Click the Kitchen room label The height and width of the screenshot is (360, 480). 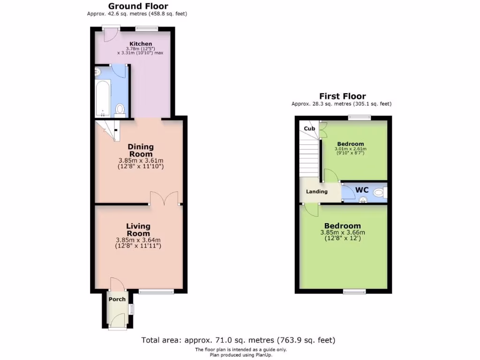pos(141,44)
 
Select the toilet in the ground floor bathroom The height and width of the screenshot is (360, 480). pos(120,110)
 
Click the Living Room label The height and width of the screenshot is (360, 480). pos(138,230)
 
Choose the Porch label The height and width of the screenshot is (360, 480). pos(117,299)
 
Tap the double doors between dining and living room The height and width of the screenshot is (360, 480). pos(164,198)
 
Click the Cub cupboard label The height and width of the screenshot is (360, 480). pos(309,128)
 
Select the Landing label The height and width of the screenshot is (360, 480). pos(317,191)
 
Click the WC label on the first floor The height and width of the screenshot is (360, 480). pos(361,190)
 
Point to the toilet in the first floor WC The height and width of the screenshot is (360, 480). pos(380,192)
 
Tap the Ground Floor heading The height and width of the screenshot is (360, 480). pos(138,6)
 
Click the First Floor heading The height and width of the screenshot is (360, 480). pos(343,96)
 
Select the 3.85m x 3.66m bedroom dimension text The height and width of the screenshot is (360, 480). pos(343,232)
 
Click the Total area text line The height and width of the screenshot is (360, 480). pos(238,340)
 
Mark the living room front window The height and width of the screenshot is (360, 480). pos(157,292)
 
